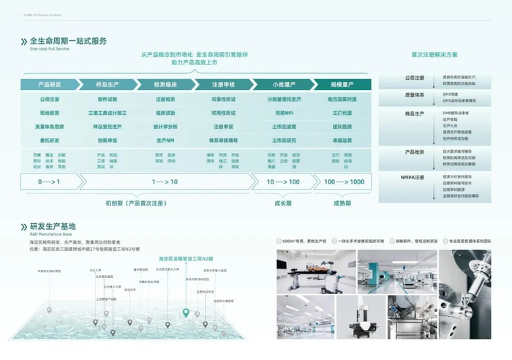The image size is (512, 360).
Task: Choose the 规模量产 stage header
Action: (x=342, y=84)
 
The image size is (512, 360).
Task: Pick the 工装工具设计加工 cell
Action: (x=108, y=113)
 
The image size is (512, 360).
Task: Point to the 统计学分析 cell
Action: (x=165, y=127)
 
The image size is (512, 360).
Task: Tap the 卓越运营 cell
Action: (x=342, y=140)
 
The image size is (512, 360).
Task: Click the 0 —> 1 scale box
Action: (x=49, y=181)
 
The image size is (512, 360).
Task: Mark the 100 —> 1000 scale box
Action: (x=345, y=181)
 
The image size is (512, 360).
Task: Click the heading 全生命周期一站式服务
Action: (x=68, y=41)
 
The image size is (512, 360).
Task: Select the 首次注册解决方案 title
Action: (x=434, y=55)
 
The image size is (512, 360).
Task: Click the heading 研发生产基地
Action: (x=53, y=226)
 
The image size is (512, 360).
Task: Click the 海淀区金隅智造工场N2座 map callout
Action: (x=186, y=259)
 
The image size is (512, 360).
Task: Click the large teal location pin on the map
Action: (x=186, y=313)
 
